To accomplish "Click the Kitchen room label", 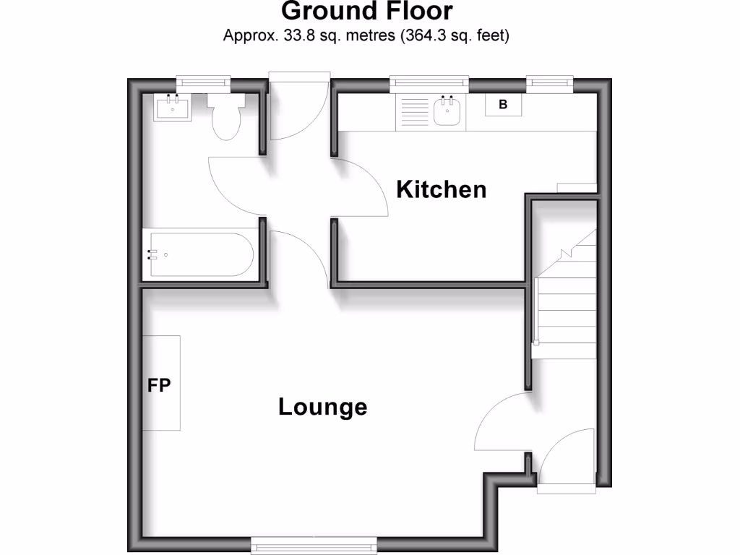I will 442,189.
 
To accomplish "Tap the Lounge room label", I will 322,407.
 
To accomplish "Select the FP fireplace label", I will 159,385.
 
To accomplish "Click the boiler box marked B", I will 504,105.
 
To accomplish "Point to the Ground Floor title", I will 366,12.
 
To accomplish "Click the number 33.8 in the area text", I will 294,35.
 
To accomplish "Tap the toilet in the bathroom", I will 225,118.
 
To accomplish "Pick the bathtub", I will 199,254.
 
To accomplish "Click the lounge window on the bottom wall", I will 313,544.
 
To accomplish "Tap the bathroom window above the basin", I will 203,83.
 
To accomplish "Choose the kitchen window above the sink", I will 429,85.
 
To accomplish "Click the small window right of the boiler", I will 549,84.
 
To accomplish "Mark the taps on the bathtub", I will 152,254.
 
